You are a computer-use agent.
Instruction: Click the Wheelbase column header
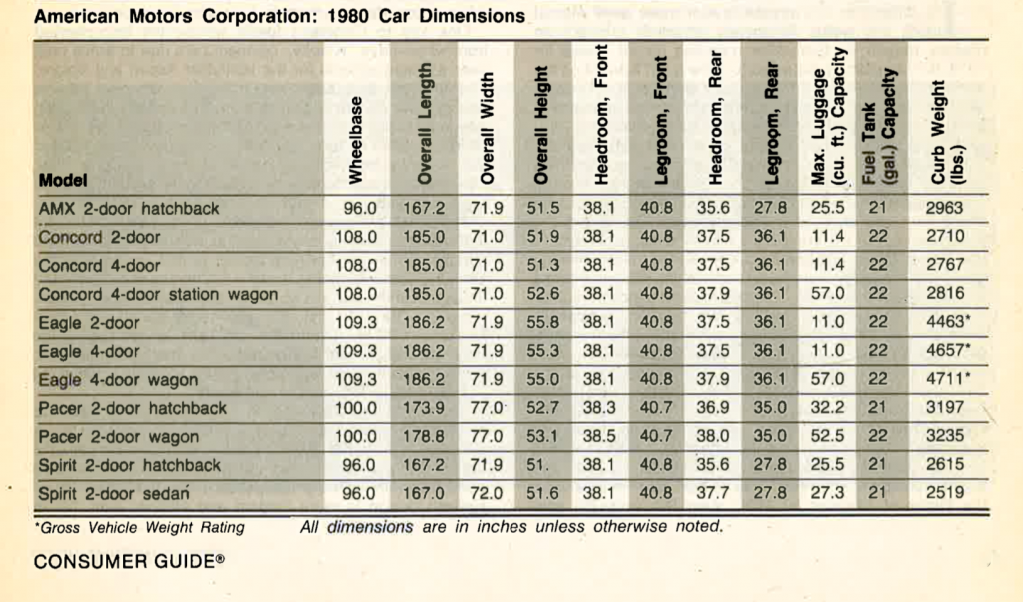pyautogui.click(x=355, y=140)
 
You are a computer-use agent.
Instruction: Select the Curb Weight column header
pyautogui.click(x=947, y=132)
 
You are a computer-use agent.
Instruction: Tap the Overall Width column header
pyautogui.click(x=487, y=129)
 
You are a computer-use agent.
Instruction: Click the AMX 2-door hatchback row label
pyautogui.click(x=129, y=209)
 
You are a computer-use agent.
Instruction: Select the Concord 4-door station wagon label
pyautogui.click(x=158, y=294)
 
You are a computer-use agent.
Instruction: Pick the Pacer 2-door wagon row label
pyautogui.click(x=118, y=437)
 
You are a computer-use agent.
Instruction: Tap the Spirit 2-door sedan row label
pyautogui.click(x=114, y=494)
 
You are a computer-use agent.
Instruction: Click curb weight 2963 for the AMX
pyautogui.click(x=944, y=208)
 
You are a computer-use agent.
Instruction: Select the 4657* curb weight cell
pyautogui.click(x=948, y=350)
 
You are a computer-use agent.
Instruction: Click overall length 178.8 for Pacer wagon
pyautogui.click(x=424, y=436)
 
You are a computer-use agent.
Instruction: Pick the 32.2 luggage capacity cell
pyautogui.click(x=827, y=407)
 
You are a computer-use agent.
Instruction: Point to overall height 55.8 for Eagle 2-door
pyautogui.click(x=542, y=322)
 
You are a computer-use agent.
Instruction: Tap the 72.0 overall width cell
pyautogui.click(x=487, y=492)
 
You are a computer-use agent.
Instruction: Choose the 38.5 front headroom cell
pyautogui.click(x=599, y=436)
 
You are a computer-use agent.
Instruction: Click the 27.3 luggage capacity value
pyautogui.click(x=827, y=492)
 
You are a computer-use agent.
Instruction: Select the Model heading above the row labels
pyautogui.click(x=63, y=180)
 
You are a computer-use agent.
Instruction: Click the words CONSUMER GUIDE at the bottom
pyautogui.click(x=124, y=562)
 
